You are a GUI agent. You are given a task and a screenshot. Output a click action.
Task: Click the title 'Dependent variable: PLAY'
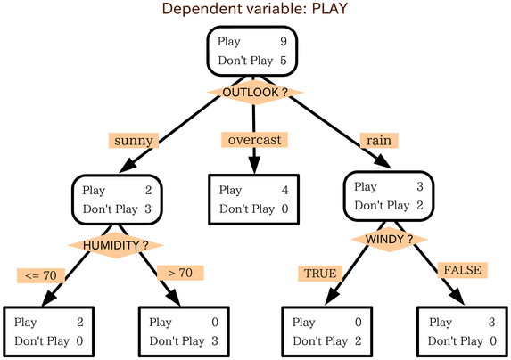click(x=254, y=10)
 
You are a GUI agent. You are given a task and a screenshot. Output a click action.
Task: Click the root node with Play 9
click(x=253, y=51)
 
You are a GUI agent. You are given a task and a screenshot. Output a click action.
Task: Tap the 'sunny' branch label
click(x=135, y=140)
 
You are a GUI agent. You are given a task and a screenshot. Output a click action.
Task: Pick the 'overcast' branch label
click(x=254, y=140)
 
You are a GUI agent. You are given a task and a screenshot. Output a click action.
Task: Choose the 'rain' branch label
click(x=378, y=140)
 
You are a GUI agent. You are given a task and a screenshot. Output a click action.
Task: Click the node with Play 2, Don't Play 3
click(x=117, y=199)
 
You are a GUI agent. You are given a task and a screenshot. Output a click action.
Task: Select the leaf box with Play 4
click(x=253, y=199)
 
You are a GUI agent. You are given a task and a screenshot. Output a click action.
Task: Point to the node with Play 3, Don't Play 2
click(x=389, y=196)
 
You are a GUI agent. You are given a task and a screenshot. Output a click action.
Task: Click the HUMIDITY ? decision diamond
click(x=117, y=245)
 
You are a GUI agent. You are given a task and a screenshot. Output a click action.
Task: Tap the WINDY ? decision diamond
click(x=389, y=240)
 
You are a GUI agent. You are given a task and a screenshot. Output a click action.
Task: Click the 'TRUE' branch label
click(x=319, y=273)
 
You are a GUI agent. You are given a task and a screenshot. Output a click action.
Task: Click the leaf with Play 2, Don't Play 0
click(x=48, y=331)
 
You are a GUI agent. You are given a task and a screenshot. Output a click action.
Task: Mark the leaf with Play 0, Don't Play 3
click(x=185, y=331)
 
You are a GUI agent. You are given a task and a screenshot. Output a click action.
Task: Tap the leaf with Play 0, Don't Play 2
click(x=326, y=331)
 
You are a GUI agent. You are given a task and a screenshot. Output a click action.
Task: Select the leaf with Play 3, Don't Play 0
click(x=462, y=331)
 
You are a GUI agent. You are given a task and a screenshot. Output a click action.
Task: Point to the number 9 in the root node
click(x=282, y=41)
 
